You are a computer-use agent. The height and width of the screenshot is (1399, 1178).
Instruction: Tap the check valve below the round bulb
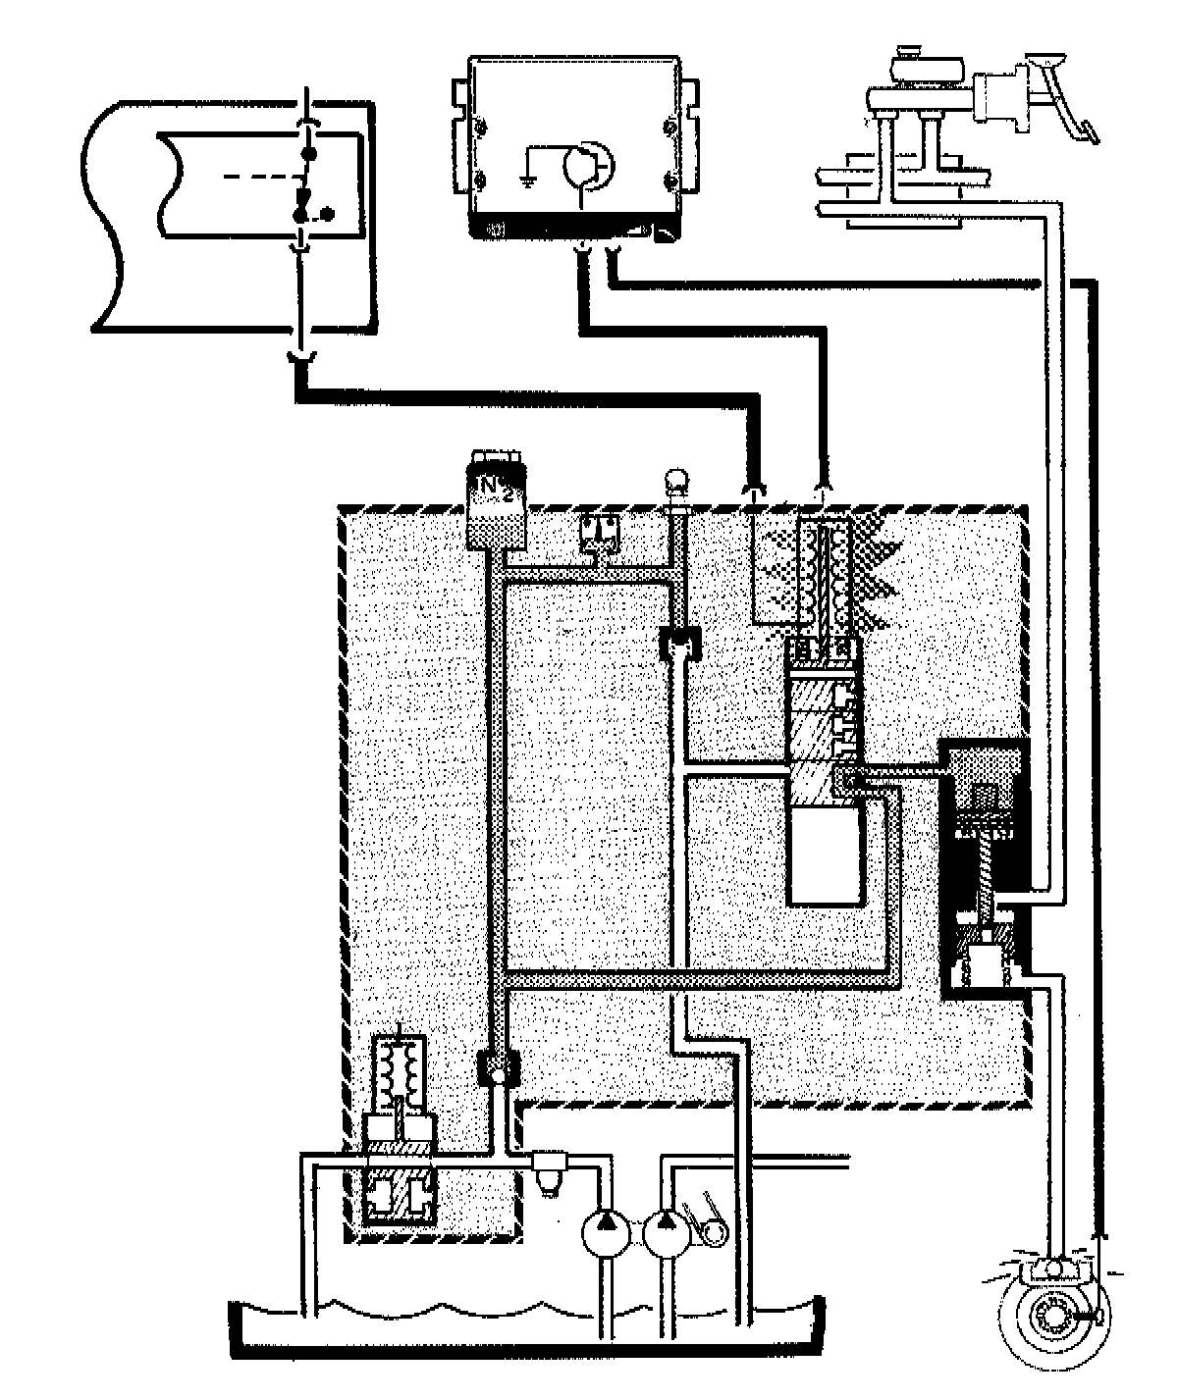point(680,644)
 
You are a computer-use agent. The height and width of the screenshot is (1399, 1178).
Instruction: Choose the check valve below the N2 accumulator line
point(498,1067)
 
